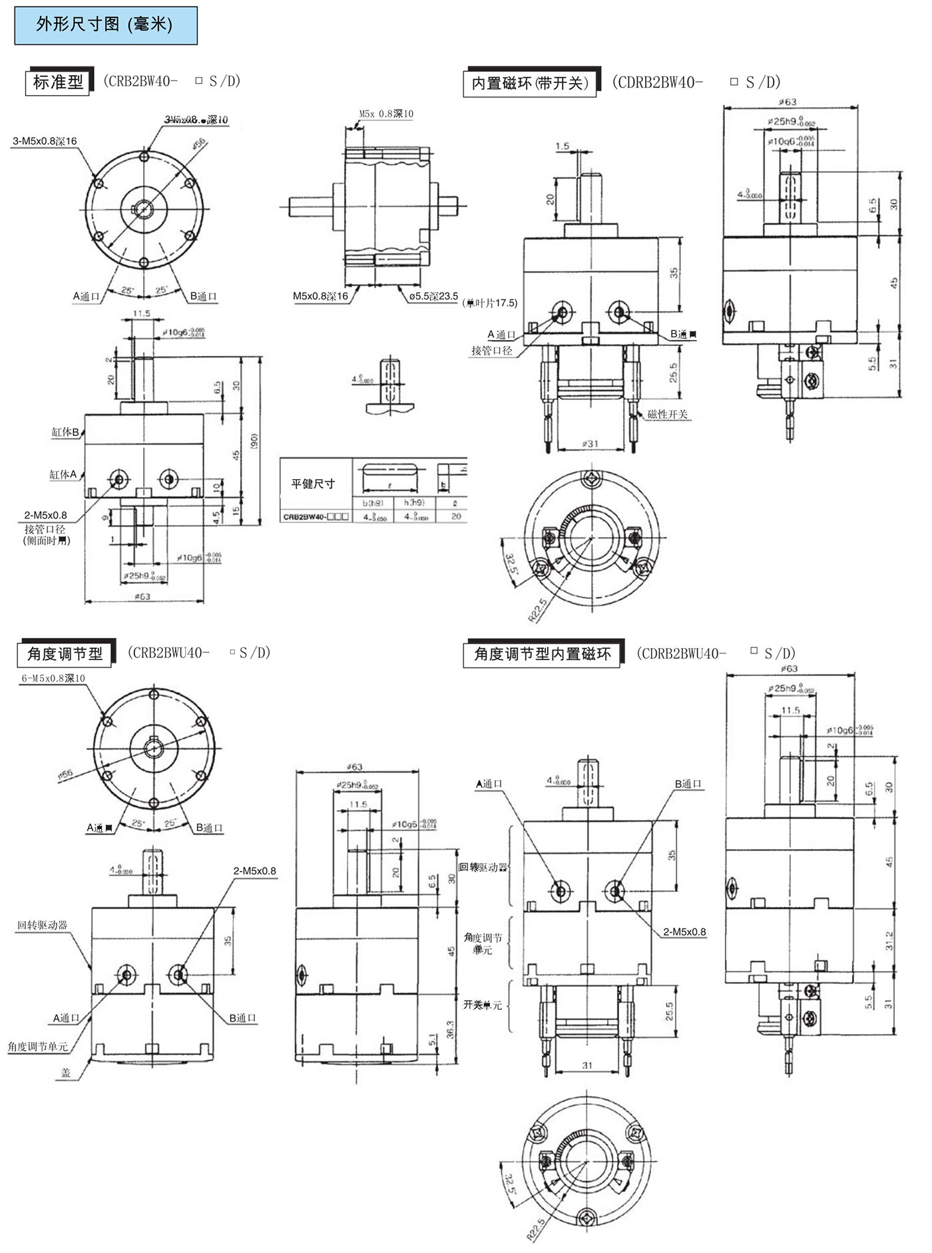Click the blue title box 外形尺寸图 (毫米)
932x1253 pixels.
click(106, 25)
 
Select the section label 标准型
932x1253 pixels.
click(58, 83)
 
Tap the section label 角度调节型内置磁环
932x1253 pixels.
click(542, 654)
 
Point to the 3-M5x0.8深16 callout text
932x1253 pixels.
click(45, 141)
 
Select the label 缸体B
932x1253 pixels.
click(65, 432)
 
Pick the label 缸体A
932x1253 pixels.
click(63, 474)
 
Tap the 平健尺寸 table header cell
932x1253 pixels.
click(313, 484)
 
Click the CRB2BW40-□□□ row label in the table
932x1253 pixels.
click(316, 516)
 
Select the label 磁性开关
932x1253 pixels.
click(668, 414)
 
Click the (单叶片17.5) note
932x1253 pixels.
click(489, 303)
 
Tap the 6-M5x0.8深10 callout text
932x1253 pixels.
click(53, 678)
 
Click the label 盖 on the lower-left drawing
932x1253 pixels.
click(66, 1072)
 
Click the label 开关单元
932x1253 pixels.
click(483, 1005)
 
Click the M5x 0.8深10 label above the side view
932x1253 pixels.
click(386, 114)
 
